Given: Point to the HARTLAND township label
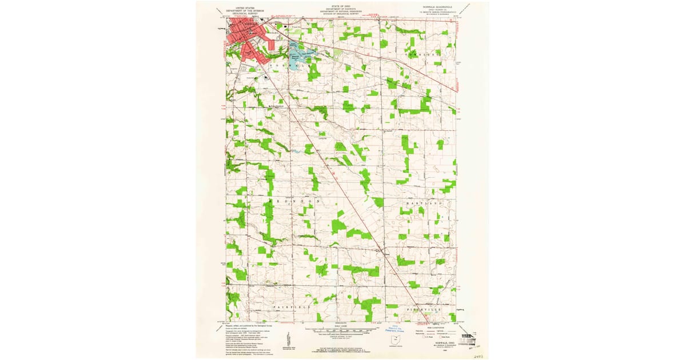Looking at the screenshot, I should click(x=425, y=203).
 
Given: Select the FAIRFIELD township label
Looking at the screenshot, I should click(x=292, y=307).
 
